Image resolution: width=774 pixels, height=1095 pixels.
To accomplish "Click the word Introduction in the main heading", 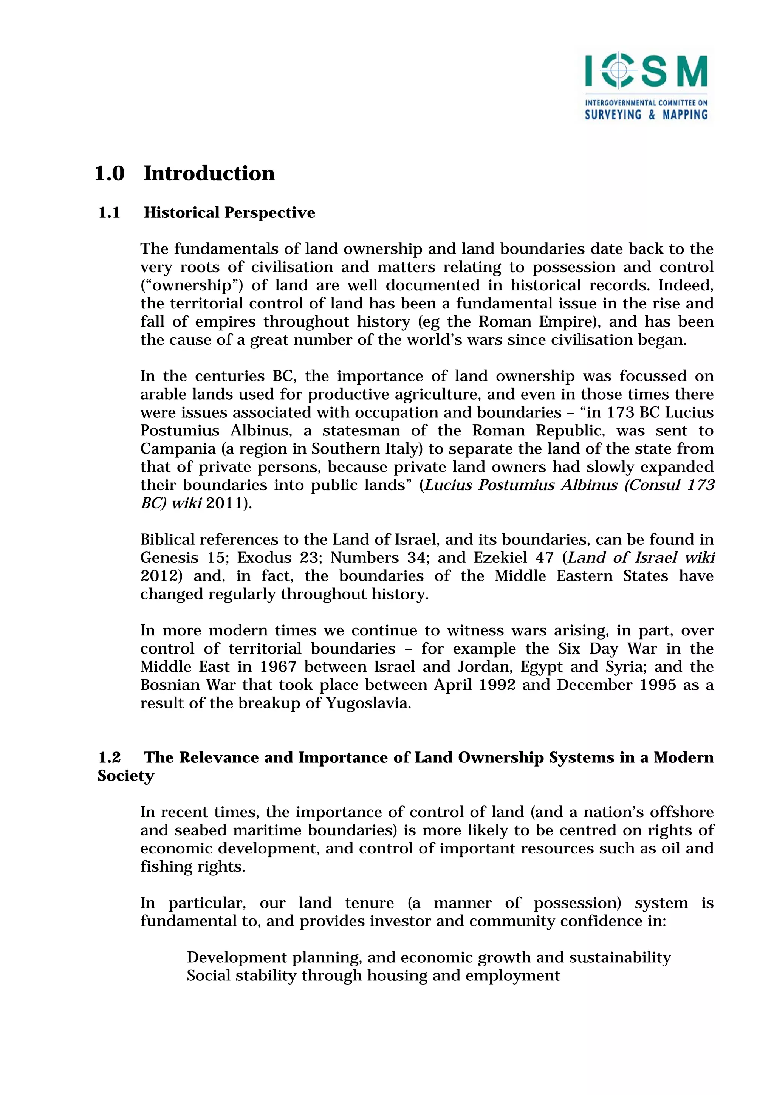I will pyautogui.click(x=209, y=173).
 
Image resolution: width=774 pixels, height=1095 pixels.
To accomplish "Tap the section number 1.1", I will pyautogui.click(x=109, y=213).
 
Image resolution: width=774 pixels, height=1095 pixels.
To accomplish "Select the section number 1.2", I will pyautogui.click(x=109, y=757).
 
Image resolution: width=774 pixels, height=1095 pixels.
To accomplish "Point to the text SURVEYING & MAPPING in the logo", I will pyautogui.click(x=646, y=115).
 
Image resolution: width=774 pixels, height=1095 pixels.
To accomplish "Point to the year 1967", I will pyautogui.click(x=278, y=667).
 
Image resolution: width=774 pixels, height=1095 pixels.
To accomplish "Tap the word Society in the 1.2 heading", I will pyautogui.click(x=126, y=776).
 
